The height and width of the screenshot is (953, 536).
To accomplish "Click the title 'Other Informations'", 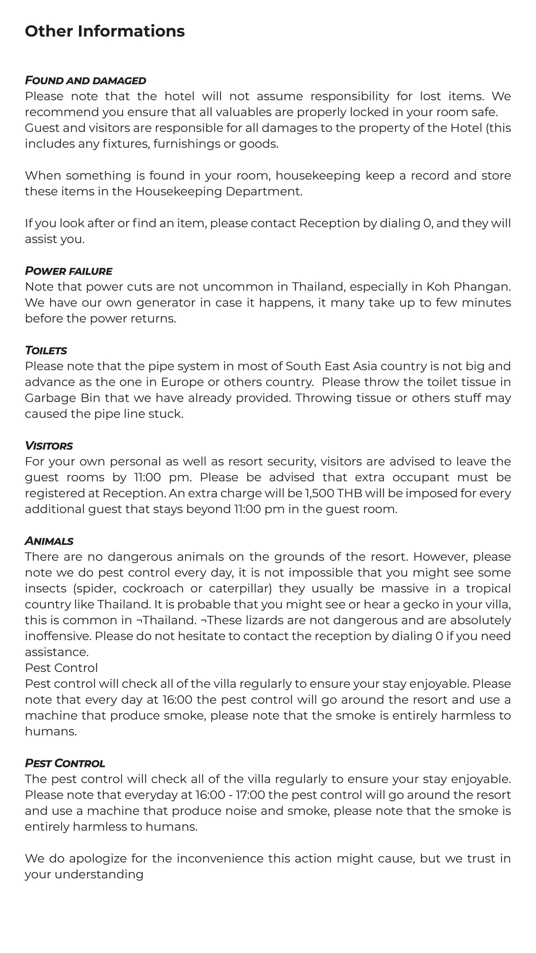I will point(105,31).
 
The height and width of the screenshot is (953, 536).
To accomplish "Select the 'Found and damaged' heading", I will point(85,80).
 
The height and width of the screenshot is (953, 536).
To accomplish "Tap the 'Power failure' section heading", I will point(68,271).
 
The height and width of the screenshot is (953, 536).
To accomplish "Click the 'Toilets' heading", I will point(46,350).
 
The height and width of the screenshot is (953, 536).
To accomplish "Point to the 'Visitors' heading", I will point(49,446).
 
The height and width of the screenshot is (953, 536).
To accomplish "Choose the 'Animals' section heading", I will point(49,541).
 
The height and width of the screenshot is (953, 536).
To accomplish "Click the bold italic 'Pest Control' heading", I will point(65,763).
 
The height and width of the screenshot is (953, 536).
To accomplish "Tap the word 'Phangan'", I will point(482,287).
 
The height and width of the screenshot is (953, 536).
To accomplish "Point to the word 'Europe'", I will point(182,382).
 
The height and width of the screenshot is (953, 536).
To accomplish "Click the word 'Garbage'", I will point(48,398).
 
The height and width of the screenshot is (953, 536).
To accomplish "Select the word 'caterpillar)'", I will point(240,589).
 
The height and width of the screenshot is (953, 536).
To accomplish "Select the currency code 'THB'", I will point(350,493).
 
